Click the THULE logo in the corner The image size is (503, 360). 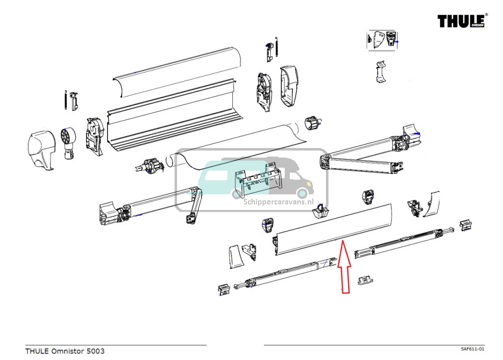click(x=461, y=21)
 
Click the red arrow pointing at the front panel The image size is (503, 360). click(x=343, y=267)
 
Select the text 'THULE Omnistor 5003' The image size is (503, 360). click(x=65, y=351)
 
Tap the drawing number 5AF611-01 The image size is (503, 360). click(x=472, y=349)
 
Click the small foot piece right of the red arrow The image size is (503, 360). click(x=365, y=280)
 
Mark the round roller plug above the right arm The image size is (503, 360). click(x=313, y=123)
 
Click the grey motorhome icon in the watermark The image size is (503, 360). click(x=289, y=179)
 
